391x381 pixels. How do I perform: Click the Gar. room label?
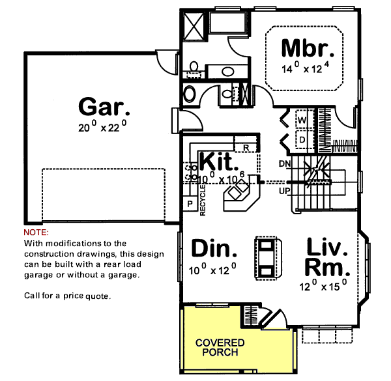point(100,106)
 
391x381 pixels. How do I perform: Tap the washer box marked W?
point(302,120)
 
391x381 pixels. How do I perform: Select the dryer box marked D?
point(302,139)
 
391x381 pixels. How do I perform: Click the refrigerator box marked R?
point(246,148)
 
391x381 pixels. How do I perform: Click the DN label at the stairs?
point(284,163)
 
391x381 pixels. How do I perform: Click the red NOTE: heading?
point(36,233)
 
